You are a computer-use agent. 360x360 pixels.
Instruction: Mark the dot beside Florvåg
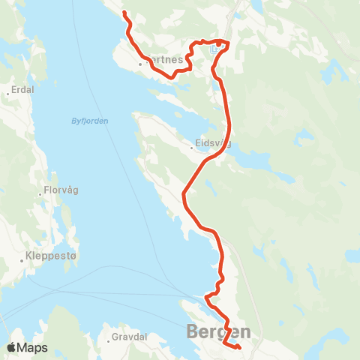pos(40,194)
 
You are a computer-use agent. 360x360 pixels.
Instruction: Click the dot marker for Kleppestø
pos(22,260)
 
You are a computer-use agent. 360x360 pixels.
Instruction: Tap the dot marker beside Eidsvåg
pos(193,147)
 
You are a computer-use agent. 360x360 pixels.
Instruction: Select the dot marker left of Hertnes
pos(140,64)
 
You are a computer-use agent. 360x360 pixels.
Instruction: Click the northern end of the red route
pos(124,13)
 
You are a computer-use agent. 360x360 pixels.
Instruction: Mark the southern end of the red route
pos(238,347)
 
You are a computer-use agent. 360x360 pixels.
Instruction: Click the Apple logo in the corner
pos(11,347)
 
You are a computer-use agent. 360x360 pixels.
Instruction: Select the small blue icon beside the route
pos(214,49)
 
